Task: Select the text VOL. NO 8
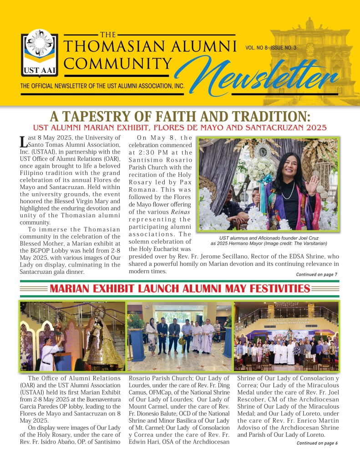point(256,47)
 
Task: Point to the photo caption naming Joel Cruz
point(269,241)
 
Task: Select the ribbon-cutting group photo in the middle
point(179,336)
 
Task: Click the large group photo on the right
point(286,336)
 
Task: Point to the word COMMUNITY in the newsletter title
point(118,63)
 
